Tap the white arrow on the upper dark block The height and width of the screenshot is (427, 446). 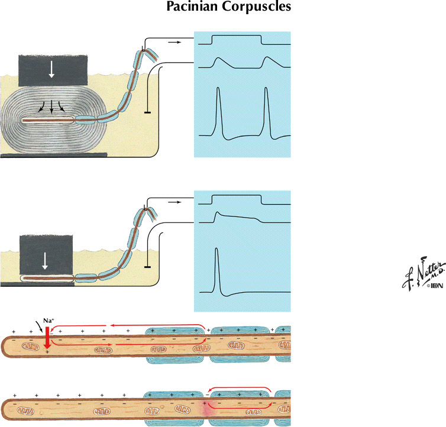click(x=52, y=69)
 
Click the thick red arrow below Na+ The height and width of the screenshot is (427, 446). click(x=47, y=341)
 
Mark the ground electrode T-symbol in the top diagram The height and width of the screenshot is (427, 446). click(x=146, y=111)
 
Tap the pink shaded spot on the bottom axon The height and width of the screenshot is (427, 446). click(x=205, y=407)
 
